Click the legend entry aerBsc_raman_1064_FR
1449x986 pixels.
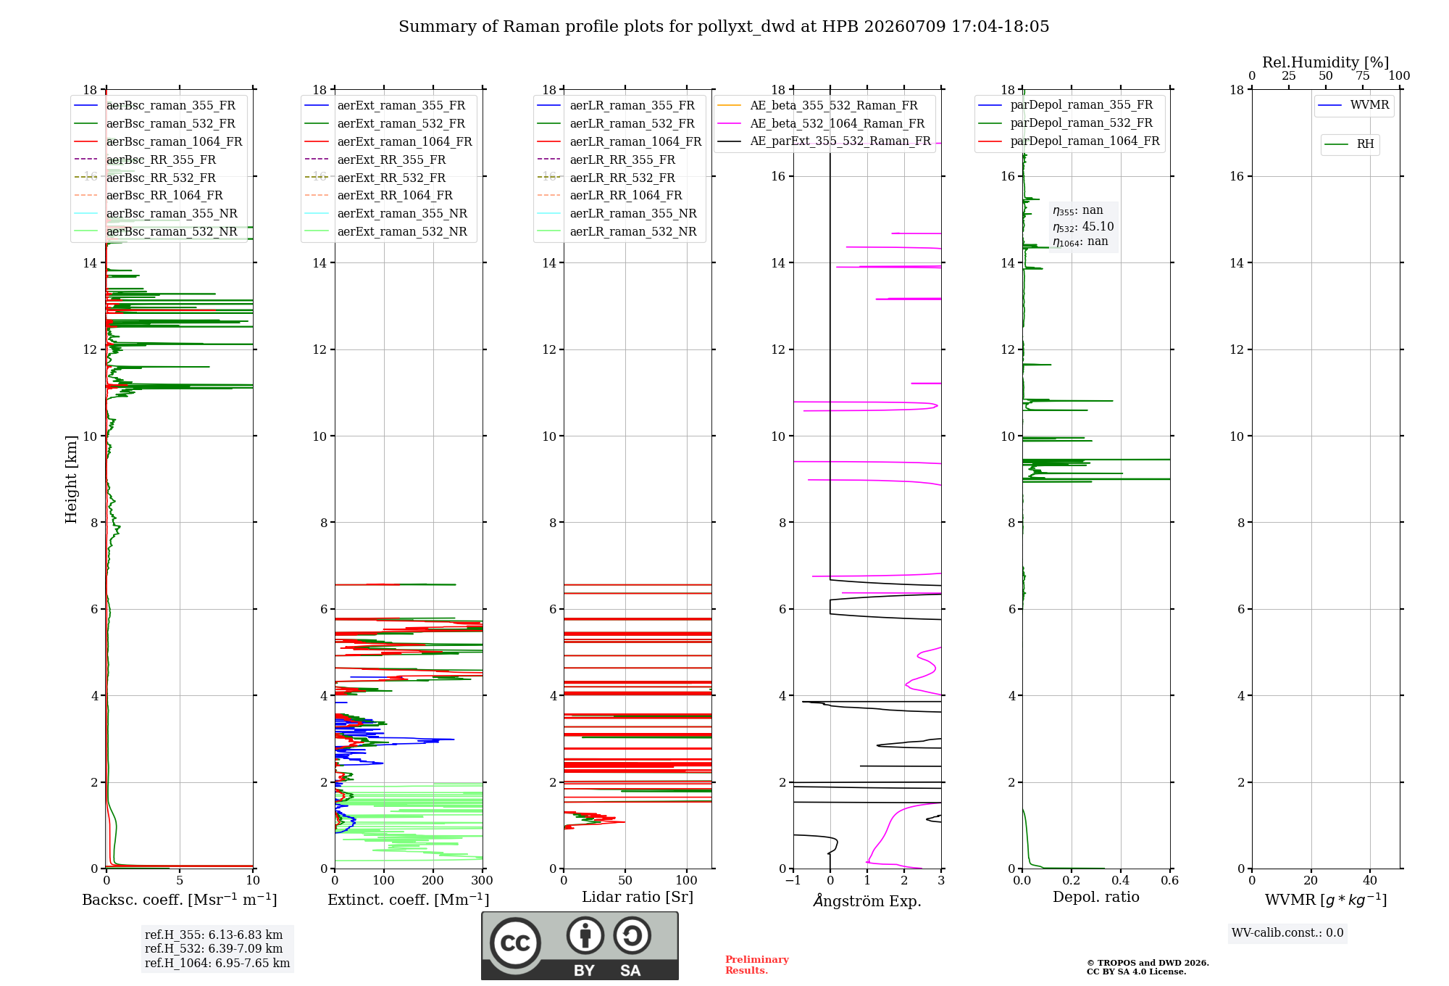[158, 141]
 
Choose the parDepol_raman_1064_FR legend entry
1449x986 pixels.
[1069, 141]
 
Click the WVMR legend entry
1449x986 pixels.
[1353, 105]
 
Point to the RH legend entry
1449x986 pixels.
[1349, 144]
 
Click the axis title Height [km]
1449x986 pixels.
[71, 479]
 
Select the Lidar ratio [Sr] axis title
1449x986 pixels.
[638, 897]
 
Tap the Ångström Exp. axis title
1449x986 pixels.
[867, 900]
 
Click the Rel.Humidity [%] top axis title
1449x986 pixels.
[1326, 62]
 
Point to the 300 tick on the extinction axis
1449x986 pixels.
[483, 880]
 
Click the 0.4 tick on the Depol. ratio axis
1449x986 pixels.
[1121, 880]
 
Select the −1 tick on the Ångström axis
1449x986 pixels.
[793, 880]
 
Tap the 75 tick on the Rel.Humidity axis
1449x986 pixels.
[1363, 76]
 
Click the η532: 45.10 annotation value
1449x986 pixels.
[1083, 227]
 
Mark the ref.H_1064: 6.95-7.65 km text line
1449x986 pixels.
[217, 963]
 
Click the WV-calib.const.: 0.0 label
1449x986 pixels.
[1287, 933]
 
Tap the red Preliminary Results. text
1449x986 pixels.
[757, 965]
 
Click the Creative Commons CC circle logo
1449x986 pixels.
[515, 943]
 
